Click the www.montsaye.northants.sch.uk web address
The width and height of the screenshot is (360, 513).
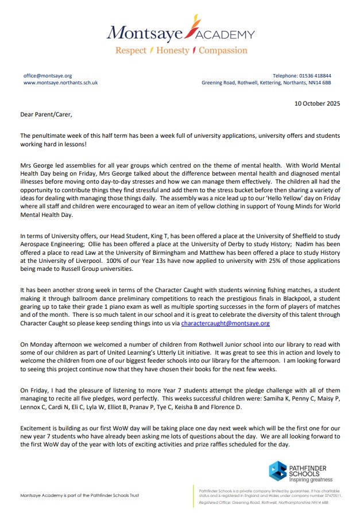[x=60, y=83]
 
